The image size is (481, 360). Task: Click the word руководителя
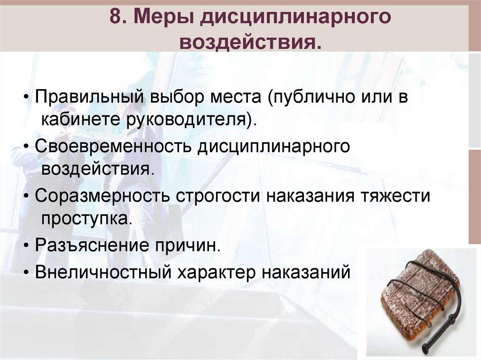(x=187, y=120)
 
